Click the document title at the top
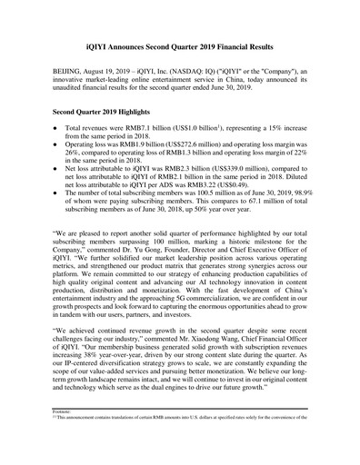pyautogui.click(x=180, y=38)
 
